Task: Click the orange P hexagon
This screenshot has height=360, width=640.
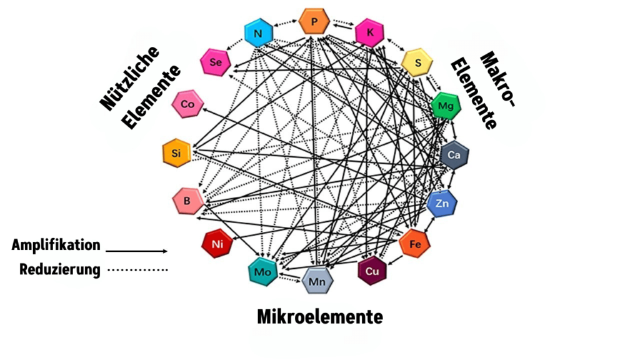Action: coord(314,22)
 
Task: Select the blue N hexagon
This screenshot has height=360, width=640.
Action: coord(257,33)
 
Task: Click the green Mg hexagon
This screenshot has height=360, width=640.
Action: coord(446,106)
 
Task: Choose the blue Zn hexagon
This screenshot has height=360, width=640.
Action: coord(442,204)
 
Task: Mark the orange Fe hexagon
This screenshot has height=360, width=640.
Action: coord(415,244)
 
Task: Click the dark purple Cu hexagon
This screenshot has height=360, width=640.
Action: coord(372,271)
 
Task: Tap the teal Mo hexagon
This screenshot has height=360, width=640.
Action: coord(262,272)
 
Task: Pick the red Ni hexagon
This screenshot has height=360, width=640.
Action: coord(217,244)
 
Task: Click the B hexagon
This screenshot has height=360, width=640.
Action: coord(188,201)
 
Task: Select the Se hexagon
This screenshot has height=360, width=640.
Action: coord(216,61)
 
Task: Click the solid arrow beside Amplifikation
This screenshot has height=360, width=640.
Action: coord(137,251)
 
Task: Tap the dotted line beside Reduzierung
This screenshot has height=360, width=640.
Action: coord(137,270)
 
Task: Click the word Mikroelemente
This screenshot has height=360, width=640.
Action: coord(319,317)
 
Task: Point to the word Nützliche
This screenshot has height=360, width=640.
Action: coord(130,76)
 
